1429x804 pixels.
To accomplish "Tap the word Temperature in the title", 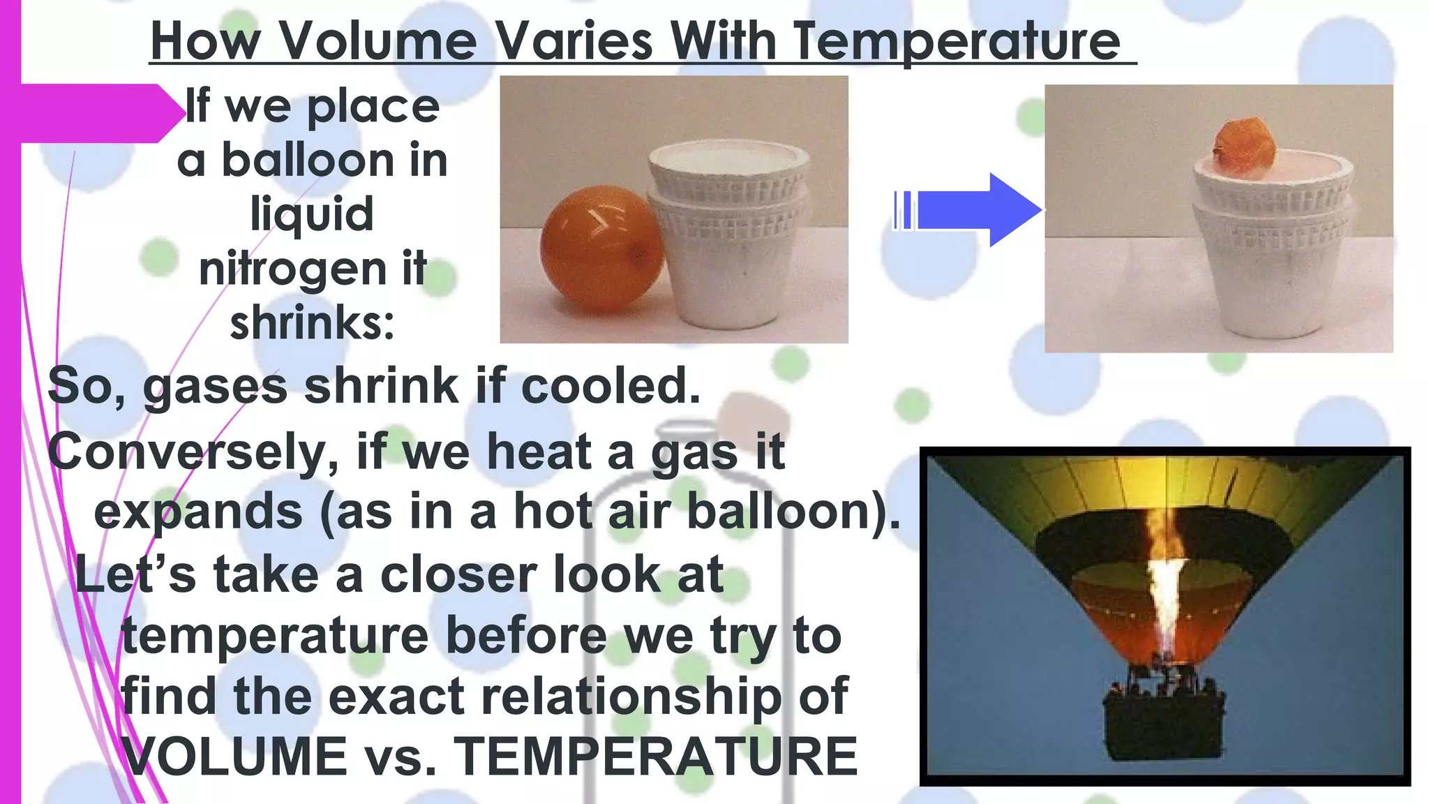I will [957, 42].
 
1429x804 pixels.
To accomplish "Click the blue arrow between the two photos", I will [977, 209].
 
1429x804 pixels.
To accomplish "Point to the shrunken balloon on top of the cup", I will [1244, 147].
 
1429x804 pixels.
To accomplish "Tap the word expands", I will [198, 512].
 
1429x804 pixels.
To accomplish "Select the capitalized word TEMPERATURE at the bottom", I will [656, 757].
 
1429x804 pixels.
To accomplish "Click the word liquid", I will [312, 214].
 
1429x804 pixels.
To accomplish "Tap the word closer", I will [458, 575].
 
